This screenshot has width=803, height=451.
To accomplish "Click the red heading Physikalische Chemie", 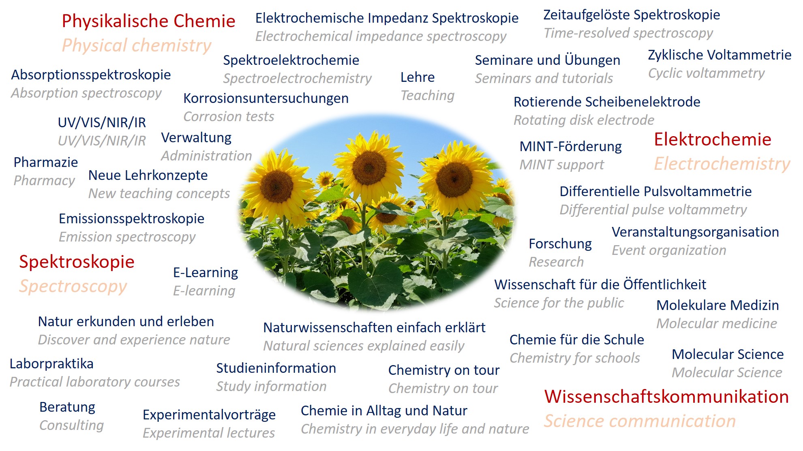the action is (x=148, y=21).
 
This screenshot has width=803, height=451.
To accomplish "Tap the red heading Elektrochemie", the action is (x=713, y=139).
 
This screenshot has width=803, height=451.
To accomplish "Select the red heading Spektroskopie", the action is (x=77, y=262).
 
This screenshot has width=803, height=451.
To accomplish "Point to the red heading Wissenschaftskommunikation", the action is (x=666, y=397).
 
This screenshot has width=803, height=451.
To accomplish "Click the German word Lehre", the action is (x=418, y=77).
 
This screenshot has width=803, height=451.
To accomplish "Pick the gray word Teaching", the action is (x=427, y=96).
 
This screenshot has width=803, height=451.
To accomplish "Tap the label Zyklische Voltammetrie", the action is (x=719, y=55).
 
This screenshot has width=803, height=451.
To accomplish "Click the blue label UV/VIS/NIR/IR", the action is (x=102, y=122).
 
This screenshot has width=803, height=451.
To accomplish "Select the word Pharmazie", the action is (x=46, y=162).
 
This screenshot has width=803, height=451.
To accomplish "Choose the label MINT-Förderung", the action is (x=570, y=147).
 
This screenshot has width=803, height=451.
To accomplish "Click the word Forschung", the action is (x=560, y=244).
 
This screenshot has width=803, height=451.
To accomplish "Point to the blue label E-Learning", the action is (x=206, y=273).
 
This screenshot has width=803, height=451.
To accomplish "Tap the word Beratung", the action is (x=67, y=407).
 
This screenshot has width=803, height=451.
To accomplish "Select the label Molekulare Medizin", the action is (x=717, y=306).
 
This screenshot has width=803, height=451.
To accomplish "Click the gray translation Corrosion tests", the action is (x=229, y=117).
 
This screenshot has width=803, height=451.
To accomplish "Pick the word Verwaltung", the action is (x=196, y=138).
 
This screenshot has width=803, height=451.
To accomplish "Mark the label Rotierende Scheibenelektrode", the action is (x=607, y=102).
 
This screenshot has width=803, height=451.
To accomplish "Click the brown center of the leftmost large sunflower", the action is (x=277, y=187).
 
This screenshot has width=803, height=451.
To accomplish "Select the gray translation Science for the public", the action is (x=559, y=303).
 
